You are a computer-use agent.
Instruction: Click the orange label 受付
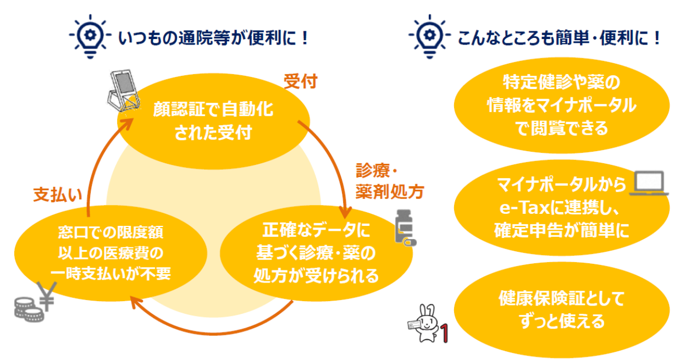(x=300, y=82)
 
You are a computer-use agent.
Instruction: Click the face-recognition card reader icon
(x=122, y=90)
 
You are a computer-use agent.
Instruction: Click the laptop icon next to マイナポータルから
(x=649, y=184)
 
